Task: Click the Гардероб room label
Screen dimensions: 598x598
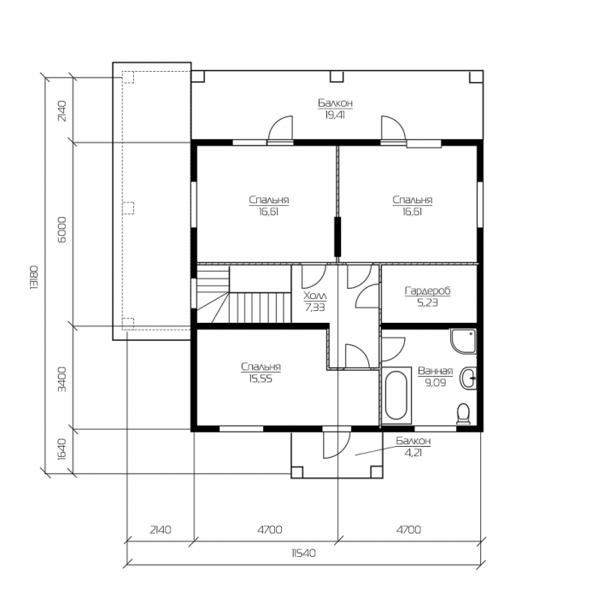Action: point(427,290)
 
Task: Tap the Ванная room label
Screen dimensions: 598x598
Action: point(435,371)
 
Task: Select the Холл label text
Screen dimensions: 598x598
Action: point(315,296)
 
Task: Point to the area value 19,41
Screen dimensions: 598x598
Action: point(335,114)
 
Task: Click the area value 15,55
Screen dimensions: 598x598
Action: point(261,379)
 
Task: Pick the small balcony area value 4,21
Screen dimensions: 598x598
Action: point(413,453)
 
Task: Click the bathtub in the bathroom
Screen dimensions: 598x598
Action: point(396,395)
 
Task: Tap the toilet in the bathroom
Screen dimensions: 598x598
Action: point(463,413)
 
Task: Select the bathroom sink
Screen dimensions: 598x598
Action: point(468,378)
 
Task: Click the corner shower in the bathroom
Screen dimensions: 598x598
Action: point(463,341)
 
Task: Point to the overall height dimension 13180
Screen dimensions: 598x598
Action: point(34,277)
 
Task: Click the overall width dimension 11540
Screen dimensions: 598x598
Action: point(303,553)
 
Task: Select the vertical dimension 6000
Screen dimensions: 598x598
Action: point(62,229)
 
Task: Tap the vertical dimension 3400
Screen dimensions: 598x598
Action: point(62,379)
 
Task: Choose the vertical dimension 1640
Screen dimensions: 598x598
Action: point(62,449)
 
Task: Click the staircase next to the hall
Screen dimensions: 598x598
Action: point(244,295)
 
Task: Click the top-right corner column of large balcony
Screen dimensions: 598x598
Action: point(476,76)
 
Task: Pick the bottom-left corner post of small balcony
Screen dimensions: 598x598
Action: point(297,472)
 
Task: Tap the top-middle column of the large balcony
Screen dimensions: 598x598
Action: point(337,76)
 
